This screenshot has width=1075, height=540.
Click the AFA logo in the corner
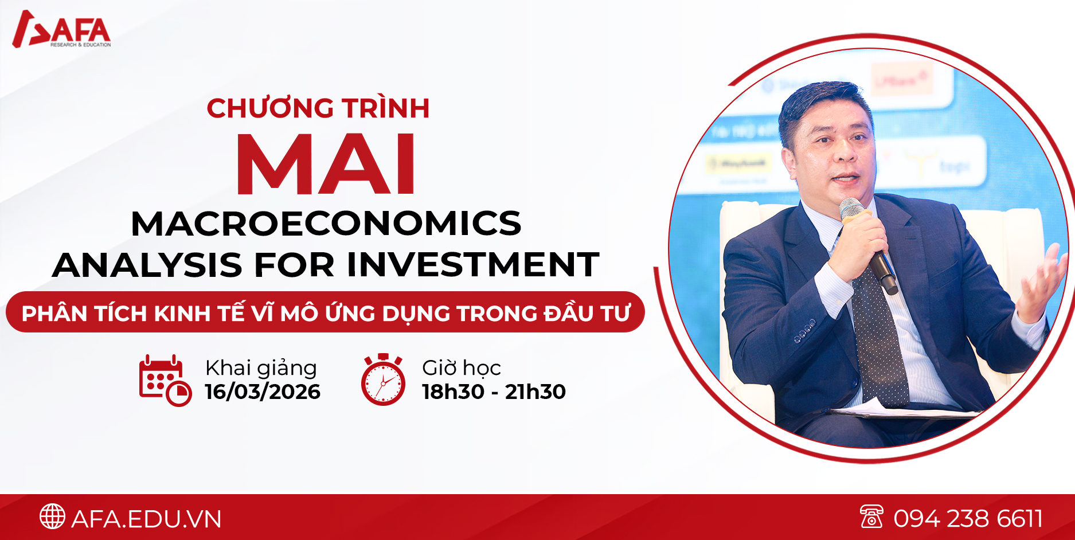62,29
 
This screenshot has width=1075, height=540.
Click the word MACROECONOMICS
326,224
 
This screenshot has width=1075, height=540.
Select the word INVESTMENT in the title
473,265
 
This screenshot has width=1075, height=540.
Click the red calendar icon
165,381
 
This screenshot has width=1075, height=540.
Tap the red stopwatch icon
383,379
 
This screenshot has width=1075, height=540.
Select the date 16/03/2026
263,392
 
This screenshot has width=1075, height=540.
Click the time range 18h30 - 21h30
494,392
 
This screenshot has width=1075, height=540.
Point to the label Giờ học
462,368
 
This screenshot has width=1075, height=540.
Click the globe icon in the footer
52,516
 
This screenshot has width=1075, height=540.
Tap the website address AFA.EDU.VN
146,519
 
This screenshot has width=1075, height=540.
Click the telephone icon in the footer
871,516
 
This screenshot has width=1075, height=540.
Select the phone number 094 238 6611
968,519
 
